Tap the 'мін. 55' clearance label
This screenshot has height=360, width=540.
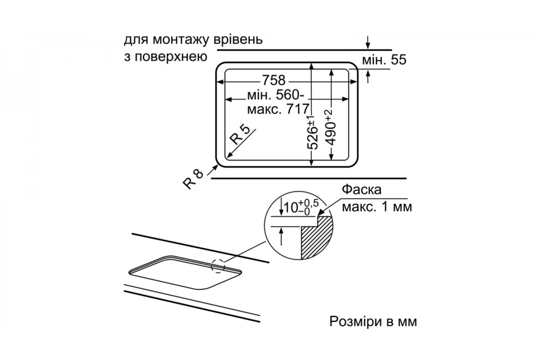coord(384,60)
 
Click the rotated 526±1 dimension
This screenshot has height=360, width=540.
coord(312,132)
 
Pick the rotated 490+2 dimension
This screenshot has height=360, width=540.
coord(331,127)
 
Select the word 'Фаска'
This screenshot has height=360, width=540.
coord(361,189)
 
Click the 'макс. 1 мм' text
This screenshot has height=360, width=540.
coord(377,207)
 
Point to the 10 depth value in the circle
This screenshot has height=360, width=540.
coord(292,207)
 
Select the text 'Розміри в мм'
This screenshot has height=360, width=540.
coord(373,322)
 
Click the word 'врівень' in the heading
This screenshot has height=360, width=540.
coord(240,41)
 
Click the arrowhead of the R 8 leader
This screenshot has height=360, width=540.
coord(216,167)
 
